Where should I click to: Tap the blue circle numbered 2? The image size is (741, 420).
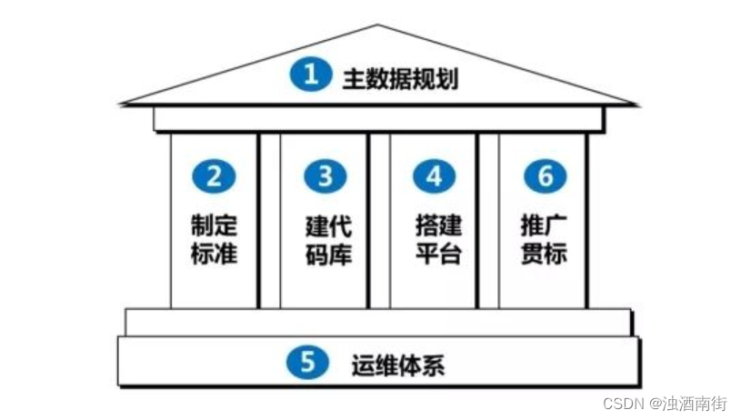(215, 176)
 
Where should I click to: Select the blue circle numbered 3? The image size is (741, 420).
(325, 176)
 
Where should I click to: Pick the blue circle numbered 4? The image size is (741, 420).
(435, 176)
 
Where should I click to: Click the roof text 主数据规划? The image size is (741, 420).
(399, 78)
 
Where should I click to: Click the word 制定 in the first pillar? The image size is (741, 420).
(215, 224)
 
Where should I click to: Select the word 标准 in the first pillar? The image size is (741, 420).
(215, 253)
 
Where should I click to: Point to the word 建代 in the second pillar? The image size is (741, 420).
(327, 224)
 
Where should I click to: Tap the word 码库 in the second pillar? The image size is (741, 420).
(327, 253)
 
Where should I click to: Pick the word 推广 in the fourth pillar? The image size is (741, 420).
(545, 224)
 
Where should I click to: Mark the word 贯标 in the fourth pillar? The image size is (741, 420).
(545, 253)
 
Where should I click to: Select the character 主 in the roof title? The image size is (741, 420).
(353, 78)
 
